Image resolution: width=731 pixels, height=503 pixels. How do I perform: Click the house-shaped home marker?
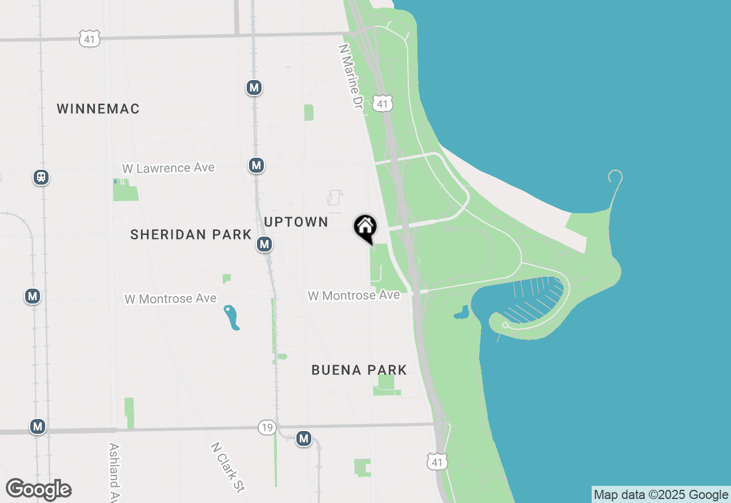click(x=365, y=227)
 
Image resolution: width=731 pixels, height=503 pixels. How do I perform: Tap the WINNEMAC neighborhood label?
click(x=98, y=109)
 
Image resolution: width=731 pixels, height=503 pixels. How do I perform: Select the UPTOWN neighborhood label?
click(x=296, y=222)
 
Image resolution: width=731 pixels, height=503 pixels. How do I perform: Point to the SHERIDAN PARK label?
click(x=191, y=234)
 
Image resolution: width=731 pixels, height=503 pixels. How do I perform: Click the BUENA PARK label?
click(x=359, y=370)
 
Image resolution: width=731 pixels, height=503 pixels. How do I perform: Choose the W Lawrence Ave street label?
click(x=168, y=168)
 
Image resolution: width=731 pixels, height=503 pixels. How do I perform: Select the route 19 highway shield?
click(x=267, y=428)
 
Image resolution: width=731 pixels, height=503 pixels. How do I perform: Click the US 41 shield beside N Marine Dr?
click(x=383, y=103)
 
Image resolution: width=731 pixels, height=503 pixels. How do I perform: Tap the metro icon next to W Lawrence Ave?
click(x=256, y=166)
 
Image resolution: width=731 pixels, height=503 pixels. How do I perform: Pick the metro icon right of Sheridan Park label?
click(x=264, y=245)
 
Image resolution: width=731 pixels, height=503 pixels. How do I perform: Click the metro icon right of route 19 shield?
click(x=304, y=439)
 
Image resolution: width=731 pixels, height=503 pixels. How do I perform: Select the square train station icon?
click(x=41, y=177)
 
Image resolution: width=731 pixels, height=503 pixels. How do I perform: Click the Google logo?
click(x=39, y=490)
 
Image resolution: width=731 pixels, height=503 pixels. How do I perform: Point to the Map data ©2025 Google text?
click(x=661, y=495)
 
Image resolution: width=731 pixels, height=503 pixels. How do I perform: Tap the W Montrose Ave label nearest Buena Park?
click(x=354, y=296)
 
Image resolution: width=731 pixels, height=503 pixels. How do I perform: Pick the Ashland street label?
click(x=114, y=472)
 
